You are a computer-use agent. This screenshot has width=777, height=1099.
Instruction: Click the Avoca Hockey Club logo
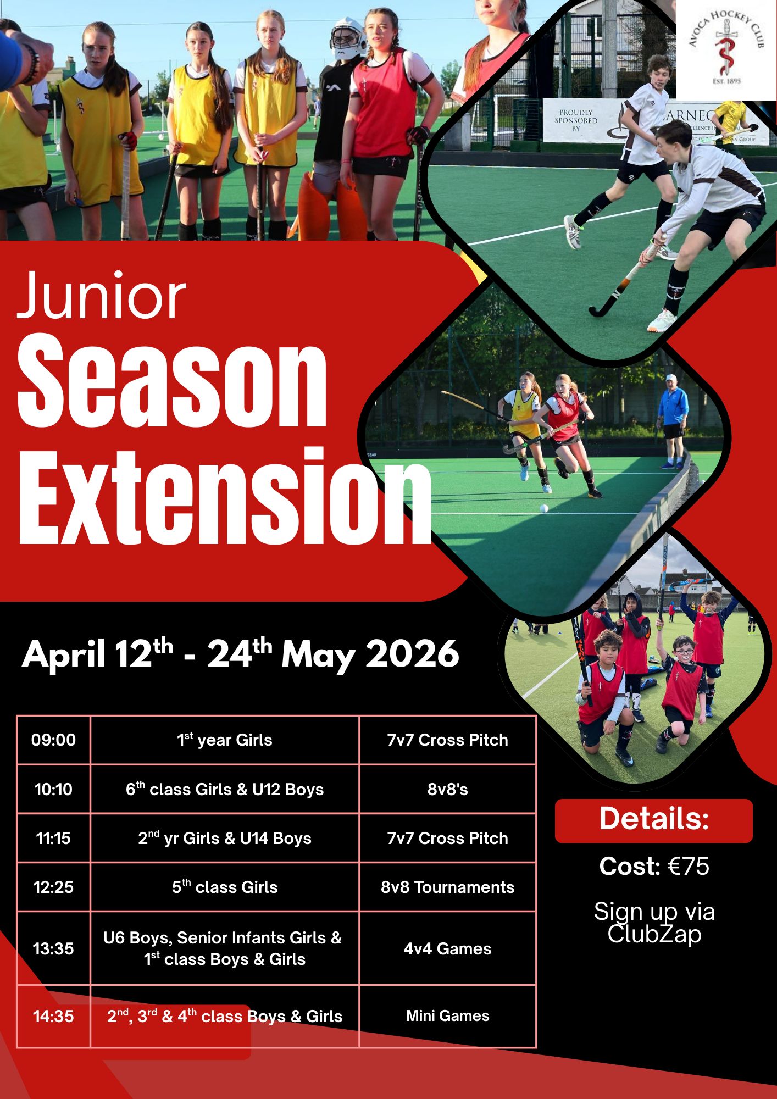(725, 50)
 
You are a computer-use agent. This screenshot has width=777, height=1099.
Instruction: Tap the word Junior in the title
(102, 296)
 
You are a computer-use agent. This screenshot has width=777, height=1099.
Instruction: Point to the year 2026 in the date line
(412, 654)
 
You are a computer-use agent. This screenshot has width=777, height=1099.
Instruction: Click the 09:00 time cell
(53, 740)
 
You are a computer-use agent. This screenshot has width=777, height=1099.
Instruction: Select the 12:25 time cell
(53, 887)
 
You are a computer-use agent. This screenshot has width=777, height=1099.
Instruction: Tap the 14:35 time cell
(53, 1016)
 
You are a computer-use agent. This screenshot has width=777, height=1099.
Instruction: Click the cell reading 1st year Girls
(225, 740)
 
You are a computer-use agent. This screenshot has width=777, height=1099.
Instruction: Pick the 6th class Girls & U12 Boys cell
(225, 789)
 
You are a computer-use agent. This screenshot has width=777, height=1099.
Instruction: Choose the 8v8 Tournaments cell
(448, 887)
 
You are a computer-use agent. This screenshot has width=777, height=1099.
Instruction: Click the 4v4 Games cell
(448, 948)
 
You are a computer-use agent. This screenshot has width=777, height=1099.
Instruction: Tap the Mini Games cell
(448, 1015)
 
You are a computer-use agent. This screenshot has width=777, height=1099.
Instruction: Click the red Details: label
(654, 820)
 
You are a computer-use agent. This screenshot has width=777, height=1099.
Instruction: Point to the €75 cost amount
(689, 866)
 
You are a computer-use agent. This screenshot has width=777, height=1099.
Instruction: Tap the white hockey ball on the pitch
(544, 508)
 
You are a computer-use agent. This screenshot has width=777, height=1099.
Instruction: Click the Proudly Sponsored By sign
(576, 120)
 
